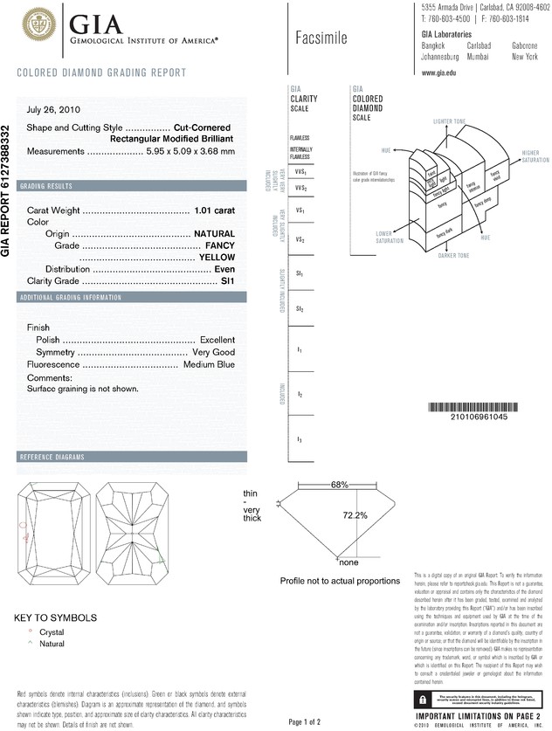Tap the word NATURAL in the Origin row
[x=215, y=234]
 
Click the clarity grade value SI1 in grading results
[x=227, y=281]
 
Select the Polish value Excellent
[x=217, y=339]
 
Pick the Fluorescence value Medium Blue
[x=209, y=363]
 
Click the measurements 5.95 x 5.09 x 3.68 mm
[x=190, y=151]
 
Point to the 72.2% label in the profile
[x=354, y=515]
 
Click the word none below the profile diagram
[x=348, y=562]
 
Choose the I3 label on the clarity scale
[x=300, y=438]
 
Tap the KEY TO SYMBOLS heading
[x=55, y=617]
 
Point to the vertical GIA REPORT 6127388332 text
[x=8, y=190]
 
